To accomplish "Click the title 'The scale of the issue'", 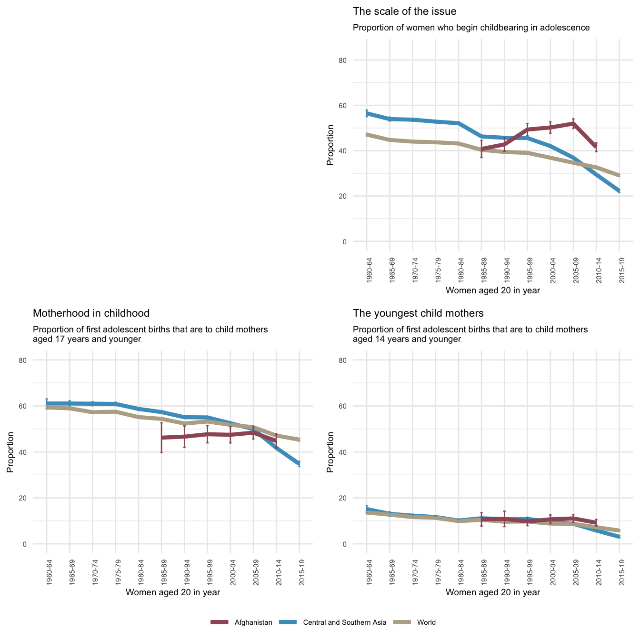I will (x=404, y=11).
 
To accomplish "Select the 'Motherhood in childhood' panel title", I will (x=91, y=313).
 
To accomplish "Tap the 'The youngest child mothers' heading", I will (x=418, y=313).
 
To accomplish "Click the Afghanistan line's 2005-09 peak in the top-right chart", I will (x=573, y=123).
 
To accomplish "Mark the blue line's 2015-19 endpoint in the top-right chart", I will (x=619, y=191).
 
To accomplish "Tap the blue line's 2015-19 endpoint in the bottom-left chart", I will (x=299, y=463).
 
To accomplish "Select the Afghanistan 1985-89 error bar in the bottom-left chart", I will (x=162, y=437).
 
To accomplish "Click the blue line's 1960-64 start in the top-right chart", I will (x=367, y=113).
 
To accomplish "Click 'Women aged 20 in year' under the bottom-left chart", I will (x=172, y=592).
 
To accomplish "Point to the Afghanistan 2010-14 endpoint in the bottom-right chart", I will (x=596, y=523).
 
